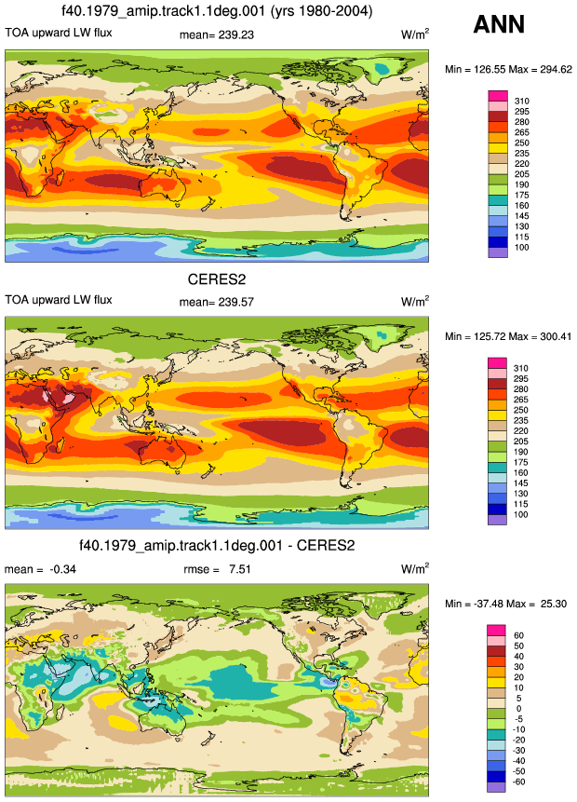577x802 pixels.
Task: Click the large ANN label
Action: pos(499,24)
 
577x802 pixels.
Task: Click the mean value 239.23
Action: pos(236,34)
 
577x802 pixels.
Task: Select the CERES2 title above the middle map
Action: pos(217,279)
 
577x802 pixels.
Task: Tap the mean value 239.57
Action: pos(236,302)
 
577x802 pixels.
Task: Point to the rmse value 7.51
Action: pos(240,569)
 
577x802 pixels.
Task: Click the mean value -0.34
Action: pos(62,569)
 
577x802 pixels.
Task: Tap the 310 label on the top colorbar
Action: pos(522,101)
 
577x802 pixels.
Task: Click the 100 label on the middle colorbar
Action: pos(521,514)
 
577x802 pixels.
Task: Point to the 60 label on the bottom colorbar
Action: pos(518,635)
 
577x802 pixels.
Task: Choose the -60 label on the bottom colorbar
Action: pos(519,782)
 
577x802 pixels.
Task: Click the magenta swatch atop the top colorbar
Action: pos(498,96)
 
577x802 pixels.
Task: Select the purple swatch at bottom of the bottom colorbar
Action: pos(496,787)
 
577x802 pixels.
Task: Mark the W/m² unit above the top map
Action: pos(415,34)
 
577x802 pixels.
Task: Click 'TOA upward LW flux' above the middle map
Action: pos(59,300)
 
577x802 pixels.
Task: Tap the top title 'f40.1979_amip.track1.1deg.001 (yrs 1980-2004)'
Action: pos(217,11)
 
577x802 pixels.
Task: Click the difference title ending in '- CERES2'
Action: pos(217,545)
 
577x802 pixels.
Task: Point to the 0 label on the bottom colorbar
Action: pos(518,709)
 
